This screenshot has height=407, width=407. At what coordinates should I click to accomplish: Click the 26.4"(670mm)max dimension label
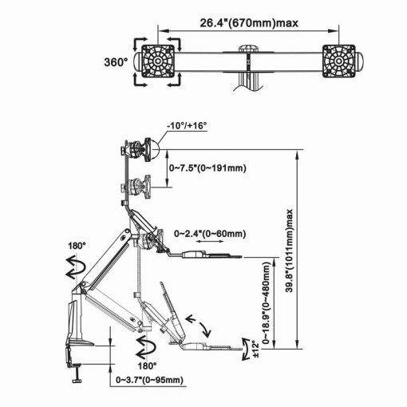tap(249, 23)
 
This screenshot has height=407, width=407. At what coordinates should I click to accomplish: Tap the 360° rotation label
tap(116, 62)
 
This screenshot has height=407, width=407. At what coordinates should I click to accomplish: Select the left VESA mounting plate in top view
tap(157, 61)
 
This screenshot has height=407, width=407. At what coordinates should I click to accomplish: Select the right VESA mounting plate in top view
tap(339, 61)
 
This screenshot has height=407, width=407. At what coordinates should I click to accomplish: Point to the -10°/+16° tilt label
tap(187, 125)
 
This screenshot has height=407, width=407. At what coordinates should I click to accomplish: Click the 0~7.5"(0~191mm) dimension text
tap(207, 168)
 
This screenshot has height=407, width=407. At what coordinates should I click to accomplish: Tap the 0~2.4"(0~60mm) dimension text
tap(210, 234)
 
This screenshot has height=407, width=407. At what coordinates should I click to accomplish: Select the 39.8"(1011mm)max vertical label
tap(290, 251)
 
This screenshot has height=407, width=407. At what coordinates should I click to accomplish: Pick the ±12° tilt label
tap(255, 349)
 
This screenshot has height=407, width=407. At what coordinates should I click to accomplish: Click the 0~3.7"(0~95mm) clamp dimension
tap(149, 380)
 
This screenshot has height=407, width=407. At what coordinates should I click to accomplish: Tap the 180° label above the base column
tap(77, 246)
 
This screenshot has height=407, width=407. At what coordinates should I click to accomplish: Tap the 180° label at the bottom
tap(147, 366)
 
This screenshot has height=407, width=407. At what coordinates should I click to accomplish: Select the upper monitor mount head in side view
tap(140, 149)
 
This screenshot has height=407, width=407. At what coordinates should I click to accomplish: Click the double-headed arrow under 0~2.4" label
tap(210, 242)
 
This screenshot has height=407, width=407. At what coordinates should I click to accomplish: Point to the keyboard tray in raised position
tap(206, 255)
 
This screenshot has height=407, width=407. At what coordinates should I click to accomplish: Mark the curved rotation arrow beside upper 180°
tap(76, 267)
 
